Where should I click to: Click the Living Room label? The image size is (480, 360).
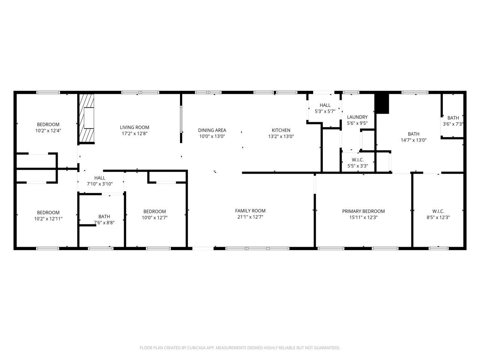coord(134,127)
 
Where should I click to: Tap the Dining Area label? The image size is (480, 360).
coord(212,130)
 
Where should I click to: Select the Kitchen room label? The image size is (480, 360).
coord(281,130)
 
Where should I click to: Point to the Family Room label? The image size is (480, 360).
coord(250,211)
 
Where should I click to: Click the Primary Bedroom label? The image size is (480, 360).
coord(363,211)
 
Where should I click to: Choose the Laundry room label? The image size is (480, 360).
coord(357,117)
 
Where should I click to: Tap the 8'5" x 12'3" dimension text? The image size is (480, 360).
coord(438,217)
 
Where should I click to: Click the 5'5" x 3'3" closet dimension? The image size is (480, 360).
coord(358,166)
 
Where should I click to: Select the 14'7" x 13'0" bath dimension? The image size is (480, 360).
coord(413,140)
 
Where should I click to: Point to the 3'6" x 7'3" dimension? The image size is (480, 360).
coord(453,124)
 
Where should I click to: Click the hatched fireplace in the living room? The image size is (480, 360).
coord(86,118)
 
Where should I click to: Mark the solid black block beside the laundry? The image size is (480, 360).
coord(382,104)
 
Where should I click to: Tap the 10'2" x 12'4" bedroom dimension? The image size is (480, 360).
coord(48,130)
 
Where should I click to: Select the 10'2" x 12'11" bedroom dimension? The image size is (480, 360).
coord(48,219)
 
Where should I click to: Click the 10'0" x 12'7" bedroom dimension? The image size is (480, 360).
coord(154,217)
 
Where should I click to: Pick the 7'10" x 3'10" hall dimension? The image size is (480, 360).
coord(100,184)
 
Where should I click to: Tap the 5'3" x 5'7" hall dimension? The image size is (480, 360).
coord(325,111)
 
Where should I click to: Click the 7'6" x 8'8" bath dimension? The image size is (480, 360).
coord(104,222)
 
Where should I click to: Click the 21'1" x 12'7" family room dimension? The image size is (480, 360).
coord(250,217)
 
